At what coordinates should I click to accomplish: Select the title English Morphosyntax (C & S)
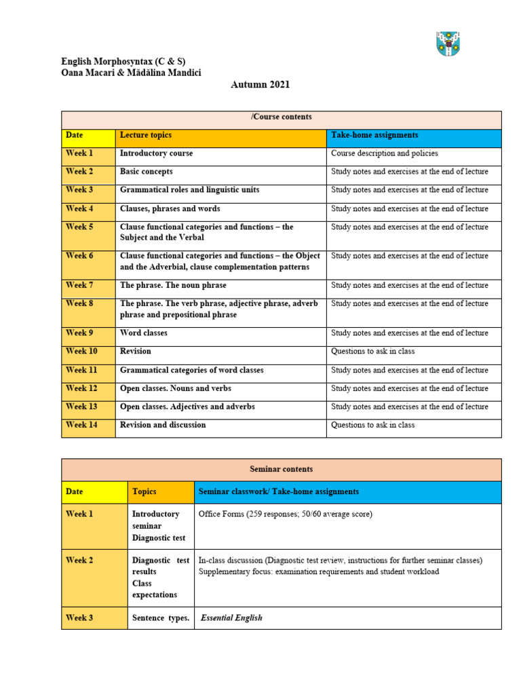[x=123, y=62]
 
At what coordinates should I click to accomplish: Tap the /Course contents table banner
[x=282, y=117]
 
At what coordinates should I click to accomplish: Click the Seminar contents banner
[x=282, y=469]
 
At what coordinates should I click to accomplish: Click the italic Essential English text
[x=231, y=618]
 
